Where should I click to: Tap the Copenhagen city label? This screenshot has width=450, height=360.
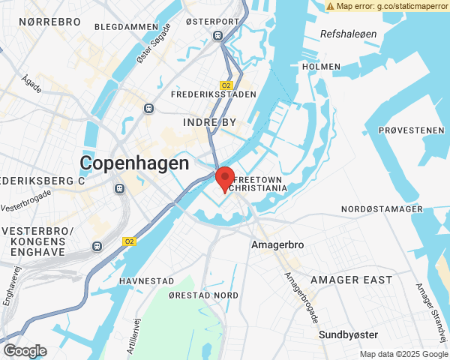[x=135, y=163]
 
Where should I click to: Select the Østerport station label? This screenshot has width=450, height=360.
[x=217, y=21]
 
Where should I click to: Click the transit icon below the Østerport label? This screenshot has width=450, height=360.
[x=217, y=35]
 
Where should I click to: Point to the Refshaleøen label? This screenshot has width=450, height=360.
[x=346, y=34]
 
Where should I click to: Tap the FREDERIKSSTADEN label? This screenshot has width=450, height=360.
[x=214, y=95]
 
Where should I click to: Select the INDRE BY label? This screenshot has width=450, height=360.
[x=209, y=121]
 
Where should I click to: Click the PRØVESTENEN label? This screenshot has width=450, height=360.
[x=412, y=130]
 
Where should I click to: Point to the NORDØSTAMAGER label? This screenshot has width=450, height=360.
[x=382, y=208]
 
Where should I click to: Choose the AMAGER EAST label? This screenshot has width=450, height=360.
[x=351, y=280]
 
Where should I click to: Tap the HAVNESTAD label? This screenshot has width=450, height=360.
[x=146, y=280]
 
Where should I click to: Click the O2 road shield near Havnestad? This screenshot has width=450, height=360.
[x=129, y=241]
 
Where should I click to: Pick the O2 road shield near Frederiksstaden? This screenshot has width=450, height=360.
[x=226, y=85]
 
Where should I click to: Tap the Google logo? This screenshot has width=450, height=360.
[x=25, y=350]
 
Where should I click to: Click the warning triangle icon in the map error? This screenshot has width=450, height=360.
[x=331, y=6]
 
